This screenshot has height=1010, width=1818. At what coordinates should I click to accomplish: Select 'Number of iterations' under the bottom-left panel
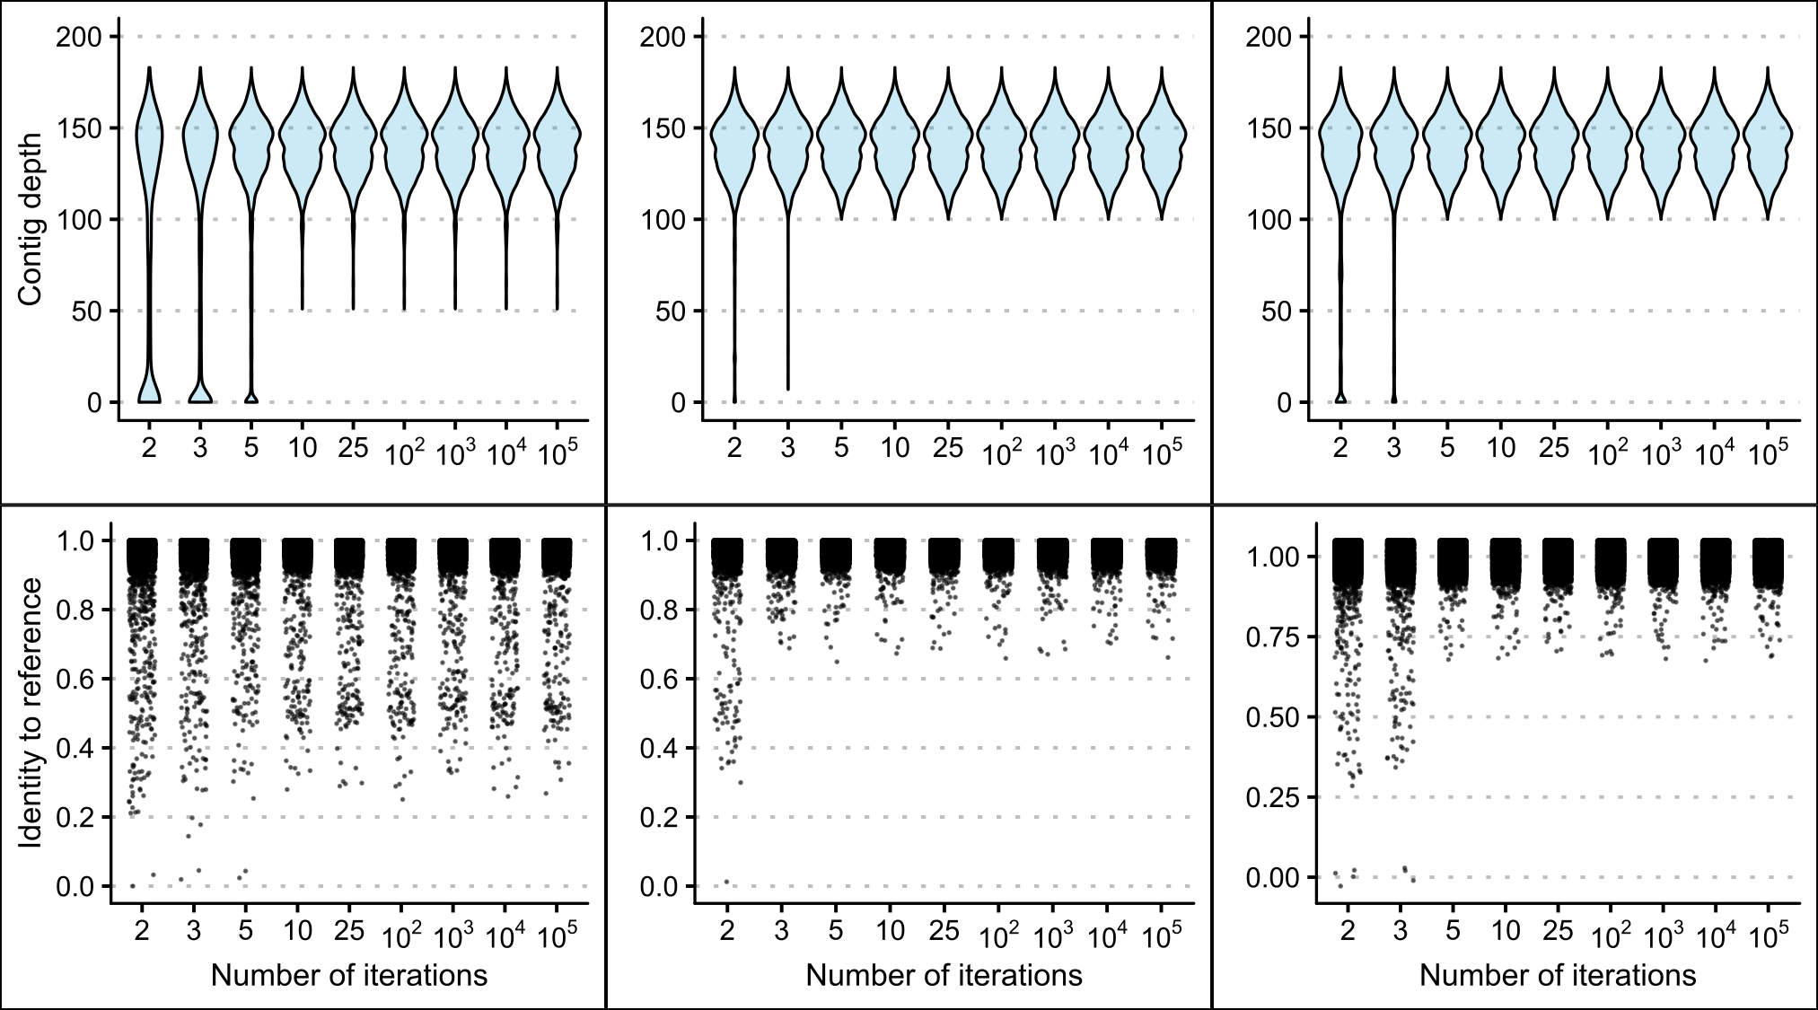pyautogui.click(x=349, y=975)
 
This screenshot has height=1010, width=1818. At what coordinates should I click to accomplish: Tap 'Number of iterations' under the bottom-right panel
pyautogui.click(x=1558, y=975)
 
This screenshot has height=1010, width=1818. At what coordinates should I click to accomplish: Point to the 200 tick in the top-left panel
pyautogui.click(x=79, y=37)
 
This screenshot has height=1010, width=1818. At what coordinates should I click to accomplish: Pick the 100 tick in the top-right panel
pyautogui.click(x=1268, y=220)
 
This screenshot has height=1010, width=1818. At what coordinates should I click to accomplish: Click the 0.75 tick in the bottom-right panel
pyautogui.click(x=1272, y=637)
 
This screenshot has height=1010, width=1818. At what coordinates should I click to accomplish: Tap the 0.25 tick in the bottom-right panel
pyautogui.click(x=1272, y=797)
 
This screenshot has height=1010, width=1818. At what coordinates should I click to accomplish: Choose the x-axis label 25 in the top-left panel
pyautogui.click(x=354, y=448)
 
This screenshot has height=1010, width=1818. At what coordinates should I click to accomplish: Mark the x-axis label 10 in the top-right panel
pyautogui.click(x=1500, y=448)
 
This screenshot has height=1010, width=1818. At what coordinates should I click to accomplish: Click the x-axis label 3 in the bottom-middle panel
pyautogui.click(x=781, y=931)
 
